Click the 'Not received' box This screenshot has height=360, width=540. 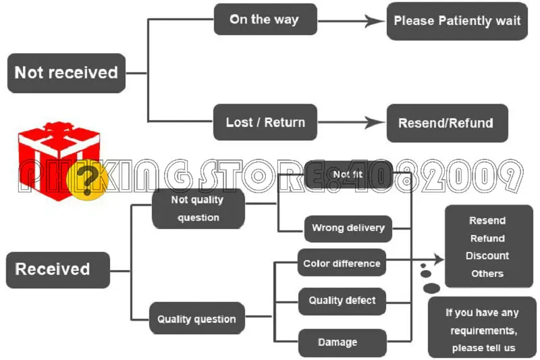66,73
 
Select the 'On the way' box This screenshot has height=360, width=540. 265,20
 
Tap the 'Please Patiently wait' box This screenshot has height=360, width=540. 456,21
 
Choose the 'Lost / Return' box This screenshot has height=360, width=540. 265,122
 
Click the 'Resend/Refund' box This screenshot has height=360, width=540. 446,123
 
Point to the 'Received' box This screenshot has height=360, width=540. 57,269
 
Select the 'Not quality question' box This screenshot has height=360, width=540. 197,209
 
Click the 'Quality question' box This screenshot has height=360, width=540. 196,319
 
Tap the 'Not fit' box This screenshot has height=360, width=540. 348,175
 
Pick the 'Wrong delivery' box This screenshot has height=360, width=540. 348,228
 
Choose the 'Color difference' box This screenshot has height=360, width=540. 342,263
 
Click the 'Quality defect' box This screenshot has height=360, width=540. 342,300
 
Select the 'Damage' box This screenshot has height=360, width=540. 342,342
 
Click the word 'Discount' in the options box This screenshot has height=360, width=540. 487,256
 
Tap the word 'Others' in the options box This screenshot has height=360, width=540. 487,274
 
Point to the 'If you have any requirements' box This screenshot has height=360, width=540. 482,330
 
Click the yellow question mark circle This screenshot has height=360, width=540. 89,182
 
